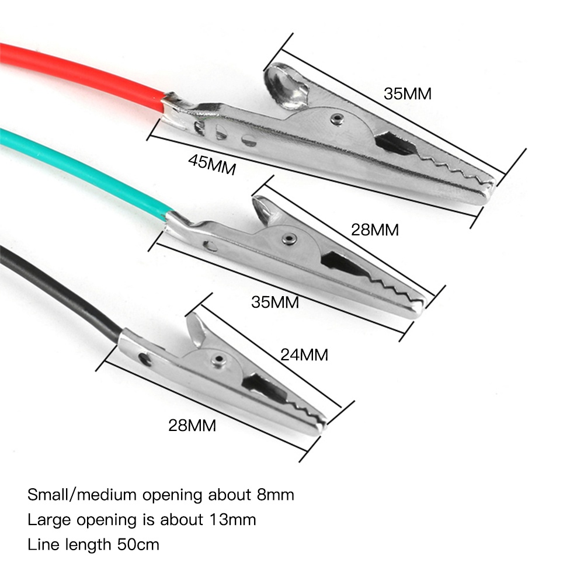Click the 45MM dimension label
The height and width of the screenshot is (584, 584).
(x=212, y=165)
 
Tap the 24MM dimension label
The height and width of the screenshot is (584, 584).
(x=304, y=354)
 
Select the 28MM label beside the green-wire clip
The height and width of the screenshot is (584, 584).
(x=375, y=230)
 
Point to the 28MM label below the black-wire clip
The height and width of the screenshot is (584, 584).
(x=192, y=425)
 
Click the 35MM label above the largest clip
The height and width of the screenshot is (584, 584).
(x=408, y=93)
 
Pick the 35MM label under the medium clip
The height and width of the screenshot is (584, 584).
(x=275, y=302)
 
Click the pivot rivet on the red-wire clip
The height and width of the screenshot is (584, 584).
(x=335, y=119)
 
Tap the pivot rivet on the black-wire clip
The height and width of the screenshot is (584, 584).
(x=218, y=359)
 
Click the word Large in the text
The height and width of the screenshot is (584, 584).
(x=47, y=519)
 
